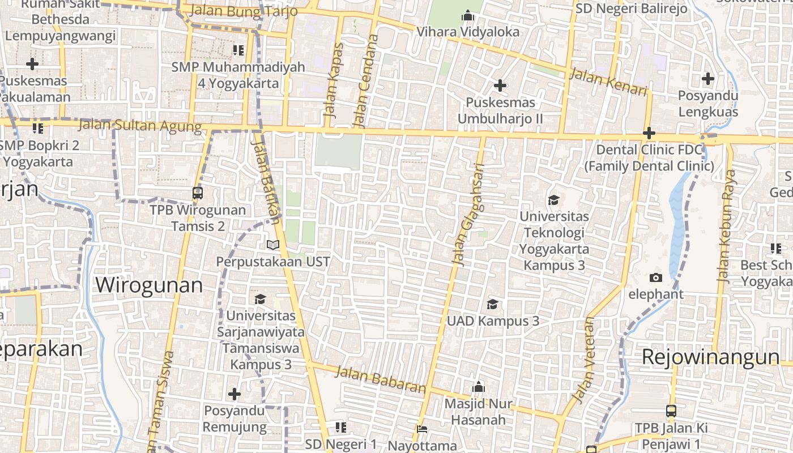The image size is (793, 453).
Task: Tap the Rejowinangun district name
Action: pos(710,357)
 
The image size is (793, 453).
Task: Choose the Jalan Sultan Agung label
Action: pos(140,125)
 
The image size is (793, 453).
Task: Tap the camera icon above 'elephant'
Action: pos(656,277)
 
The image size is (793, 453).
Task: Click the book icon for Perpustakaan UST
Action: pos(273,245)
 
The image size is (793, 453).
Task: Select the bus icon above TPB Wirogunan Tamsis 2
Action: pos(198,193)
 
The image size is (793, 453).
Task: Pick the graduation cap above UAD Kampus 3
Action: pos(493,304)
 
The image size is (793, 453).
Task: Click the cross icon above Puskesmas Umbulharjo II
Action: pos(500,86)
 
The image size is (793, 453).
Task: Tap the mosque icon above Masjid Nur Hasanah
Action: pos(479,387)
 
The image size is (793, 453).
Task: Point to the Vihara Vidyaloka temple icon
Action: pos(467,16)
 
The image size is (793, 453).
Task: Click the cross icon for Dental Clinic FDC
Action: pos(649,134)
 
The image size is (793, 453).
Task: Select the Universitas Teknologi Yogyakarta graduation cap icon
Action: pos(553,200)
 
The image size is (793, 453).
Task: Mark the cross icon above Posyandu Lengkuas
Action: pos(707,79)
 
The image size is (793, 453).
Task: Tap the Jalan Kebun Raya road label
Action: pos(725,226)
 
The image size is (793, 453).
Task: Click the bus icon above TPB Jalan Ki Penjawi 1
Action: pos(671,411)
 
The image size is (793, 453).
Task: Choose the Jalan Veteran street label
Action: pos(585,361)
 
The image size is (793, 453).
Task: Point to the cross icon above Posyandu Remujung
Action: pos(235,394)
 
